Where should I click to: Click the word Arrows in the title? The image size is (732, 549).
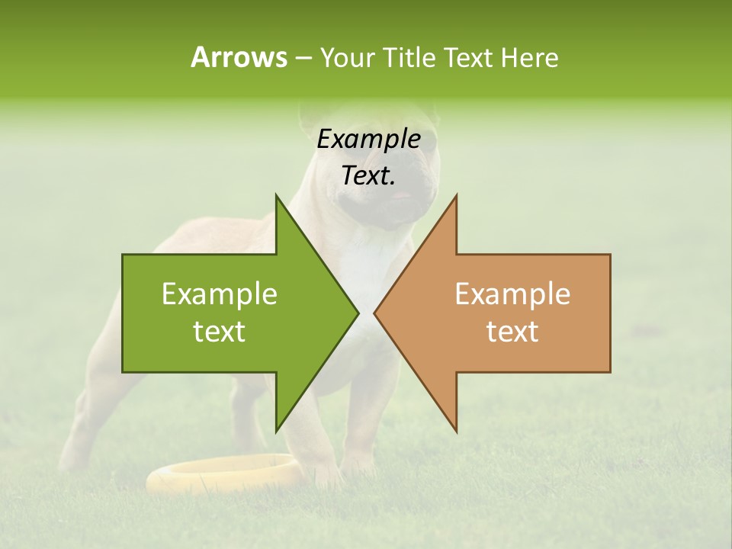coord(239,57)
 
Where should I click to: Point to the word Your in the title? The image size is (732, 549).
coord(347,57)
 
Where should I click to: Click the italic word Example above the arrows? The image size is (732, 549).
coord(368,139)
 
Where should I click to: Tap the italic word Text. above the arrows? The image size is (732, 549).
coord(368,175)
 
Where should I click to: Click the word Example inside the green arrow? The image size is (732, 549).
coord(220,294)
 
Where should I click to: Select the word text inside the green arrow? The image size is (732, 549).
coord(220,332)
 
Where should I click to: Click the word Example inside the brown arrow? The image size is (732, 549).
coord(512,294)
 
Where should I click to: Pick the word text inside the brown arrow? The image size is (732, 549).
coord(512,332)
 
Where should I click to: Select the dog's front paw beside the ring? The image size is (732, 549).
coord(328,477)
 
